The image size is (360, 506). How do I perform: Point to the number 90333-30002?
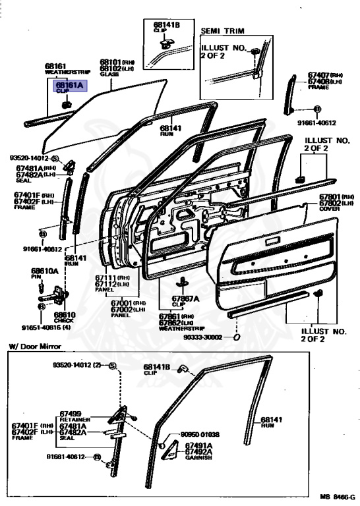click(205, 337)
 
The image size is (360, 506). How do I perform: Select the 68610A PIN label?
click(45, 271)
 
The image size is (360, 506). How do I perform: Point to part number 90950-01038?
click(202, 434)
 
